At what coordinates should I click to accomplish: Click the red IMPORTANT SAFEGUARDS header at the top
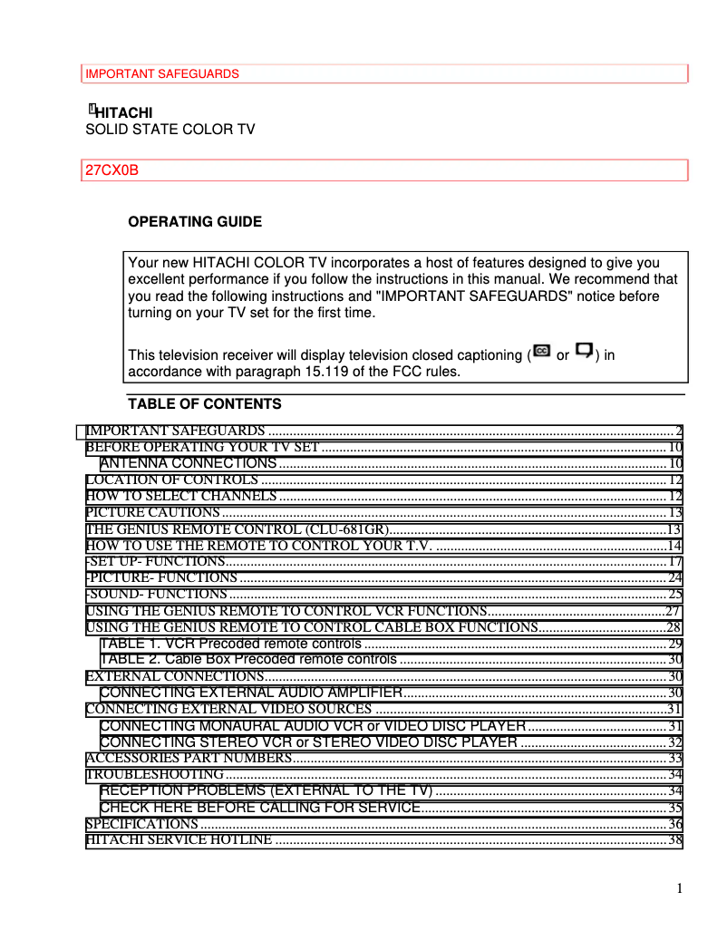[162, 73]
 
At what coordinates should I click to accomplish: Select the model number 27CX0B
[111, 170]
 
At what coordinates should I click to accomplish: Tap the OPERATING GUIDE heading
[195, 221]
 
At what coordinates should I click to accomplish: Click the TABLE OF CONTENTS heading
[204, 403]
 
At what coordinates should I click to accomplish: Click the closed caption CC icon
[542, 351]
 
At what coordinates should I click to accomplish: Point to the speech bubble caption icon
[585, 351]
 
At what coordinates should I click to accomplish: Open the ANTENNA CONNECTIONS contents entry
[189, 463]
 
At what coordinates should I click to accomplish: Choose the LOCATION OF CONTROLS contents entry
[172, 480]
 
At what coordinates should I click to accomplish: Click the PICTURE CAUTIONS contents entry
[152, 513]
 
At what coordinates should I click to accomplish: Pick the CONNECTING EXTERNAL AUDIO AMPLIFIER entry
[251, 693]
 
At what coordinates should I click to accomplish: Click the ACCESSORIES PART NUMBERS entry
[189, 758]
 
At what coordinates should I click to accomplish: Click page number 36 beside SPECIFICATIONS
[674, 824]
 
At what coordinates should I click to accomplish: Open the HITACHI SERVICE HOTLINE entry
[179, 840]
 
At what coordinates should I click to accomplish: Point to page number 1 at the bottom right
[679, 887]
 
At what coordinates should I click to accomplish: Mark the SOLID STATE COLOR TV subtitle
[170, 130]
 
